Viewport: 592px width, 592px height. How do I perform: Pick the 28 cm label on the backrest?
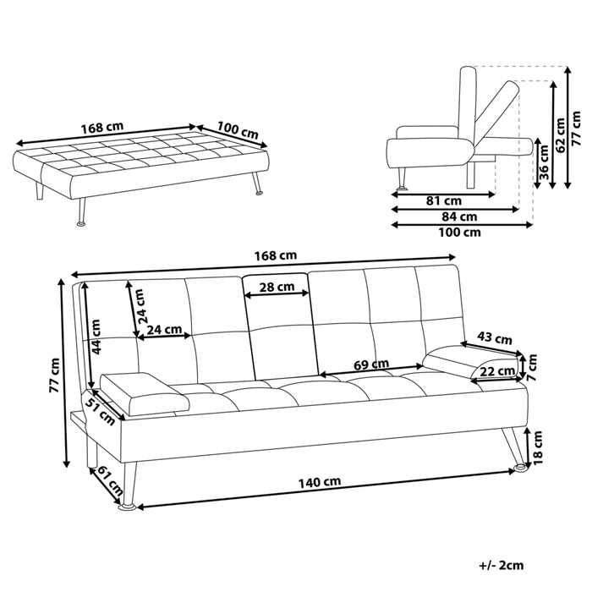pos(277,287)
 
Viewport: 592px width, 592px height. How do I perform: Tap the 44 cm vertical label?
pos(98,336)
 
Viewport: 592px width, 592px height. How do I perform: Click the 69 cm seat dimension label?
pos(370,365)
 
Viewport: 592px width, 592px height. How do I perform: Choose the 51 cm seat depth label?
pos(101,414)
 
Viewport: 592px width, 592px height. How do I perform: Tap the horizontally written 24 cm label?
pos(163,329)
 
